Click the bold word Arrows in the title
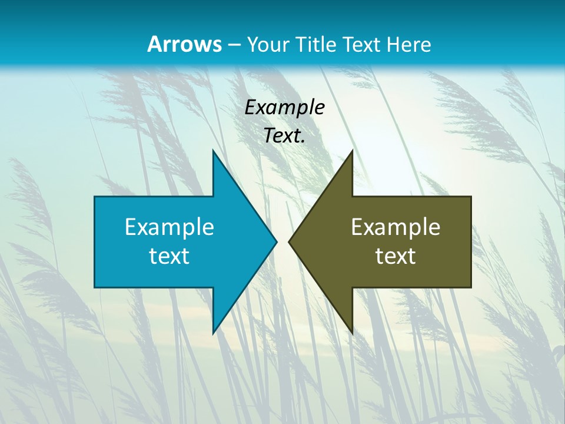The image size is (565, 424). (184, 45)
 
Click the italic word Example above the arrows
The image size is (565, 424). (284, 108)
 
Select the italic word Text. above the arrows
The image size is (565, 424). (284, 136)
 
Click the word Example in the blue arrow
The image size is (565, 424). (169, 227)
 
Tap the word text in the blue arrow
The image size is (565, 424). (169, 256)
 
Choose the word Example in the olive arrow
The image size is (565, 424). (395, 227)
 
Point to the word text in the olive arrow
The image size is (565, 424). (395, 256)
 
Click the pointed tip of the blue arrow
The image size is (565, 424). (276, 241)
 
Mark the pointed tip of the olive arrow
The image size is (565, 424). (290, 241)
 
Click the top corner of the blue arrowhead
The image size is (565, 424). (213, 151)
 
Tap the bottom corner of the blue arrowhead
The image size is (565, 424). (213, 333)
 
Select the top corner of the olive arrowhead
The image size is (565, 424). (352, 151)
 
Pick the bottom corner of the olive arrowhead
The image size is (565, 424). (352, 333)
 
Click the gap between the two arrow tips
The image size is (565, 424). (282, 241)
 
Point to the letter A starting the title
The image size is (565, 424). (154, 45)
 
